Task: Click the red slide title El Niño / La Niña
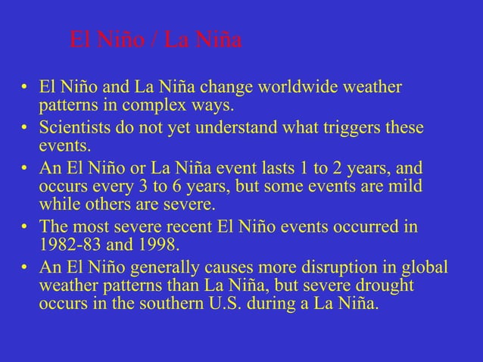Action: pyautogui.click(x=155, y=39)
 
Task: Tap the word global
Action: pyautogui.click(x=425, y=269)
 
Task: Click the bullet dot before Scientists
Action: pyautogui.click(x=25, y=128)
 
